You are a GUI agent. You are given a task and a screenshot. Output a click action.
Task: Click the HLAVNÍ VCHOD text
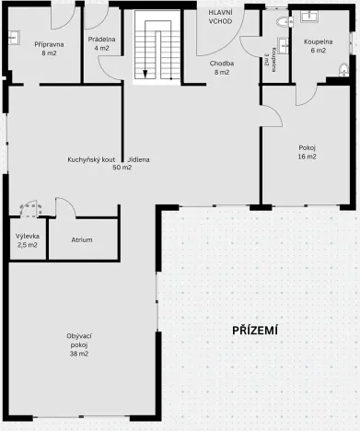(220, 16)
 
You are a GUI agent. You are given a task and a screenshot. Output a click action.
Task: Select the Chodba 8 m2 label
(221, 66)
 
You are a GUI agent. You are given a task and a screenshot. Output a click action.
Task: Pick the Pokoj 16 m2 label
(307, 152)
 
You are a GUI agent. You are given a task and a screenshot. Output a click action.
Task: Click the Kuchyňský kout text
(90, 159)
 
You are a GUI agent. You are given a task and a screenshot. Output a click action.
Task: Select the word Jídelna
(139, 159)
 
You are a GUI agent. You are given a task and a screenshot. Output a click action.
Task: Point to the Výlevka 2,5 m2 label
(28, 240)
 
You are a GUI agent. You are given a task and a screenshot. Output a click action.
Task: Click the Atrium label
(83, 239)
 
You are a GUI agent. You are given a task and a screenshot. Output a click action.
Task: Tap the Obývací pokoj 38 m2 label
(77, 344)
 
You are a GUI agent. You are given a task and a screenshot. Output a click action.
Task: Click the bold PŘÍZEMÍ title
(255, 330)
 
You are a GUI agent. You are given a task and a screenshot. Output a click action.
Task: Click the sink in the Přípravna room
(14, 38)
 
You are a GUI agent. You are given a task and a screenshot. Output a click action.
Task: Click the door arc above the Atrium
(64, 206)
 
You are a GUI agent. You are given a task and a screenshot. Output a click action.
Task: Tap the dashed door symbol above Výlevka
(29, 208)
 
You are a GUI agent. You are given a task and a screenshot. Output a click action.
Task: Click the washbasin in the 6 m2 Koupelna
(308, 16)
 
